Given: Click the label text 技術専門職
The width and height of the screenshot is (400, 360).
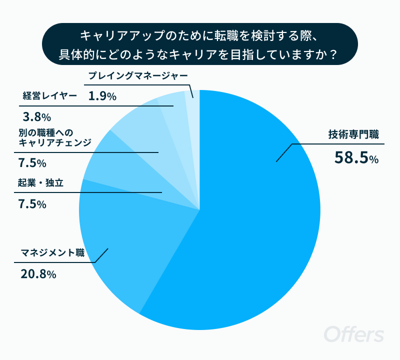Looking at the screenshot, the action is coord(353,134).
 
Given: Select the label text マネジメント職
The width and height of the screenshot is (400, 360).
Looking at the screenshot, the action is coord(52,253).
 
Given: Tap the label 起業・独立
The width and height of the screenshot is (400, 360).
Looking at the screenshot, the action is coord(40,183).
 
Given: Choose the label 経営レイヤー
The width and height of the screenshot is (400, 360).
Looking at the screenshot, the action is coord(49,95).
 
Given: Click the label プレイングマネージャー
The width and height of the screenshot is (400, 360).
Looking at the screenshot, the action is coord(138,76).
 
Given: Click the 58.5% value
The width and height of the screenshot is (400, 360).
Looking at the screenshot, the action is coord(356,157).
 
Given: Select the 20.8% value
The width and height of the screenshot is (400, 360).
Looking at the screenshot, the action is coord(38,274).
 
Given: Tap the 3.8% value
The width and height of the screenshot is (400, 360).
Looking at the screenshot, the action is coord(37,117).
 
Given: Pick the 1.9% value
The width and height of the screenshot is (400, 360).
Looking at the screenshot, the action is coord(102,96).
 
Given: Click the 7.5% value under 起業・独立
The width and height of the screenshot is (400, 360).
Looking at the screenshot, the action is coord(32,204).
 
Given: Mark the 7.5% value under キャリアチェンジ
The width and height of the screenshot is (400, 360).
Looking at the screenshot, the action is coord(32,163).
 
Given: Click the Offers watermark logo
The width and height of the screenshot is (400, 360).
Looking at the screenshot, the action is coord(353,334).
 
